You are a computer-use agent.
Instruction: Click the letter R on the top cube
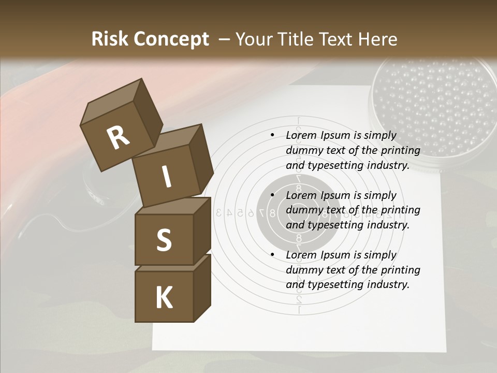coord(118,138)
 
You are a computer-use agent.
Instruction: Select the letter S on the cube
coord(164,240)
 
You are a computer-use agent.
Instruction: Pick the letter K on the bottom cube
coord(164,298)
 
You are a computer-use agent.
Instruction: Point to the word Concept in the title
coord(171,39)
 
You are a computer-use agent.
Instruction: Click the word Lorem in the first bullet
coord(300,135)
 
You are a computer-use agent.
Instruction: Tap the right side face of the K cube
coord(202,288)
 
